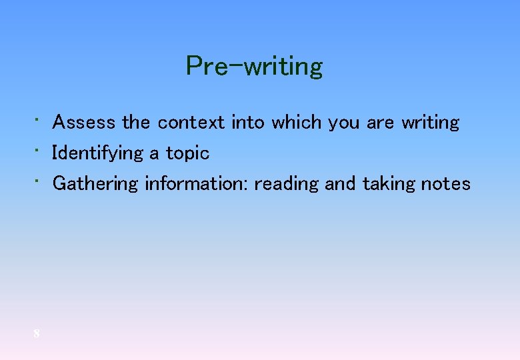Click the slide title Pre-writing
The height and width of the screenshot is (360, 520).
(254, 66)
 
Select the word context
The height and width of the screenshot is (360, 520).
(191, 123)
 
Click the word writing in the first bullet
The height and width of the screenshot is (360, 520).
(430, 123)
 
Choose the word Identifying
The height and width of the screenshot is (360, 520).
(97, 154)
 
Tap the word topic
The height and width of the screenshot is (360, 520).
(187, 154)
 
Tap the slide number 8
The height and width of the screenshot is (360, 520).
(37, 333)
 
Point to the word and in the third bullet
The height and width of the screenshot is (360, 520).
(340, 184)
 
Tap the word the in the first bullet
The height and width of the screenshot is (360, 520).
(136, 123)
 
